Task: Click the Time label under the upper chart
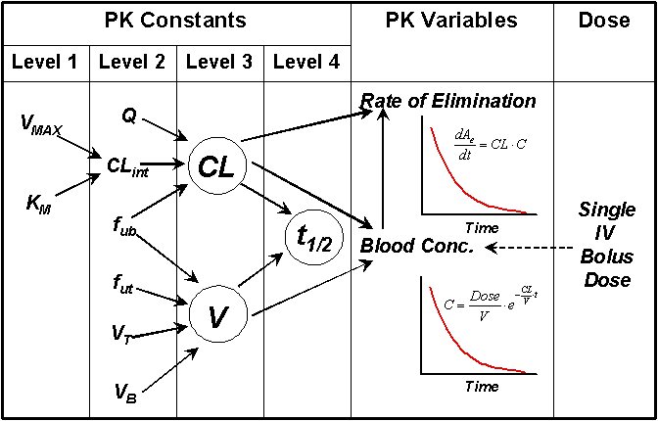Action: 481,227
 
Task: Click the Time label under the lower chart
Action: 481,386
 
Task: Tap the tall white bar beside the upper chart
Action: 406,166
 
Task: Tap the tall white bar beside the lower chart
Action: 406,325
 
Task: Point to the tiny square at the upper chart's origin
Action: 422,222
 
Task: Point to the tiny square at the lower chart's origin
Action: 422,381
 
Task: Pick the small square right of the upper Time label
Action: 537,222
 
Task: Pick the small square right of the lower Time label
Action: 537,381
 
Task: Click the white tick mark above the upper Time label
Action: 455,210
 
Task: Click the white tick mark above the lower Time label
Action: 455,370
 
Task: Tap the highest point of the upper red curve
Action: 431,128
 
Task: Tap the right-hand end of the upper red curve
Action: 526,211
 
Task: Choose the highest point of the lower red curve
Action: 431,288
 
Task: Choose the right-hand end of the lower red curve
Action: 526,372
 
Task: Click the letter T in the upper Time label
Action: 469,227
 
